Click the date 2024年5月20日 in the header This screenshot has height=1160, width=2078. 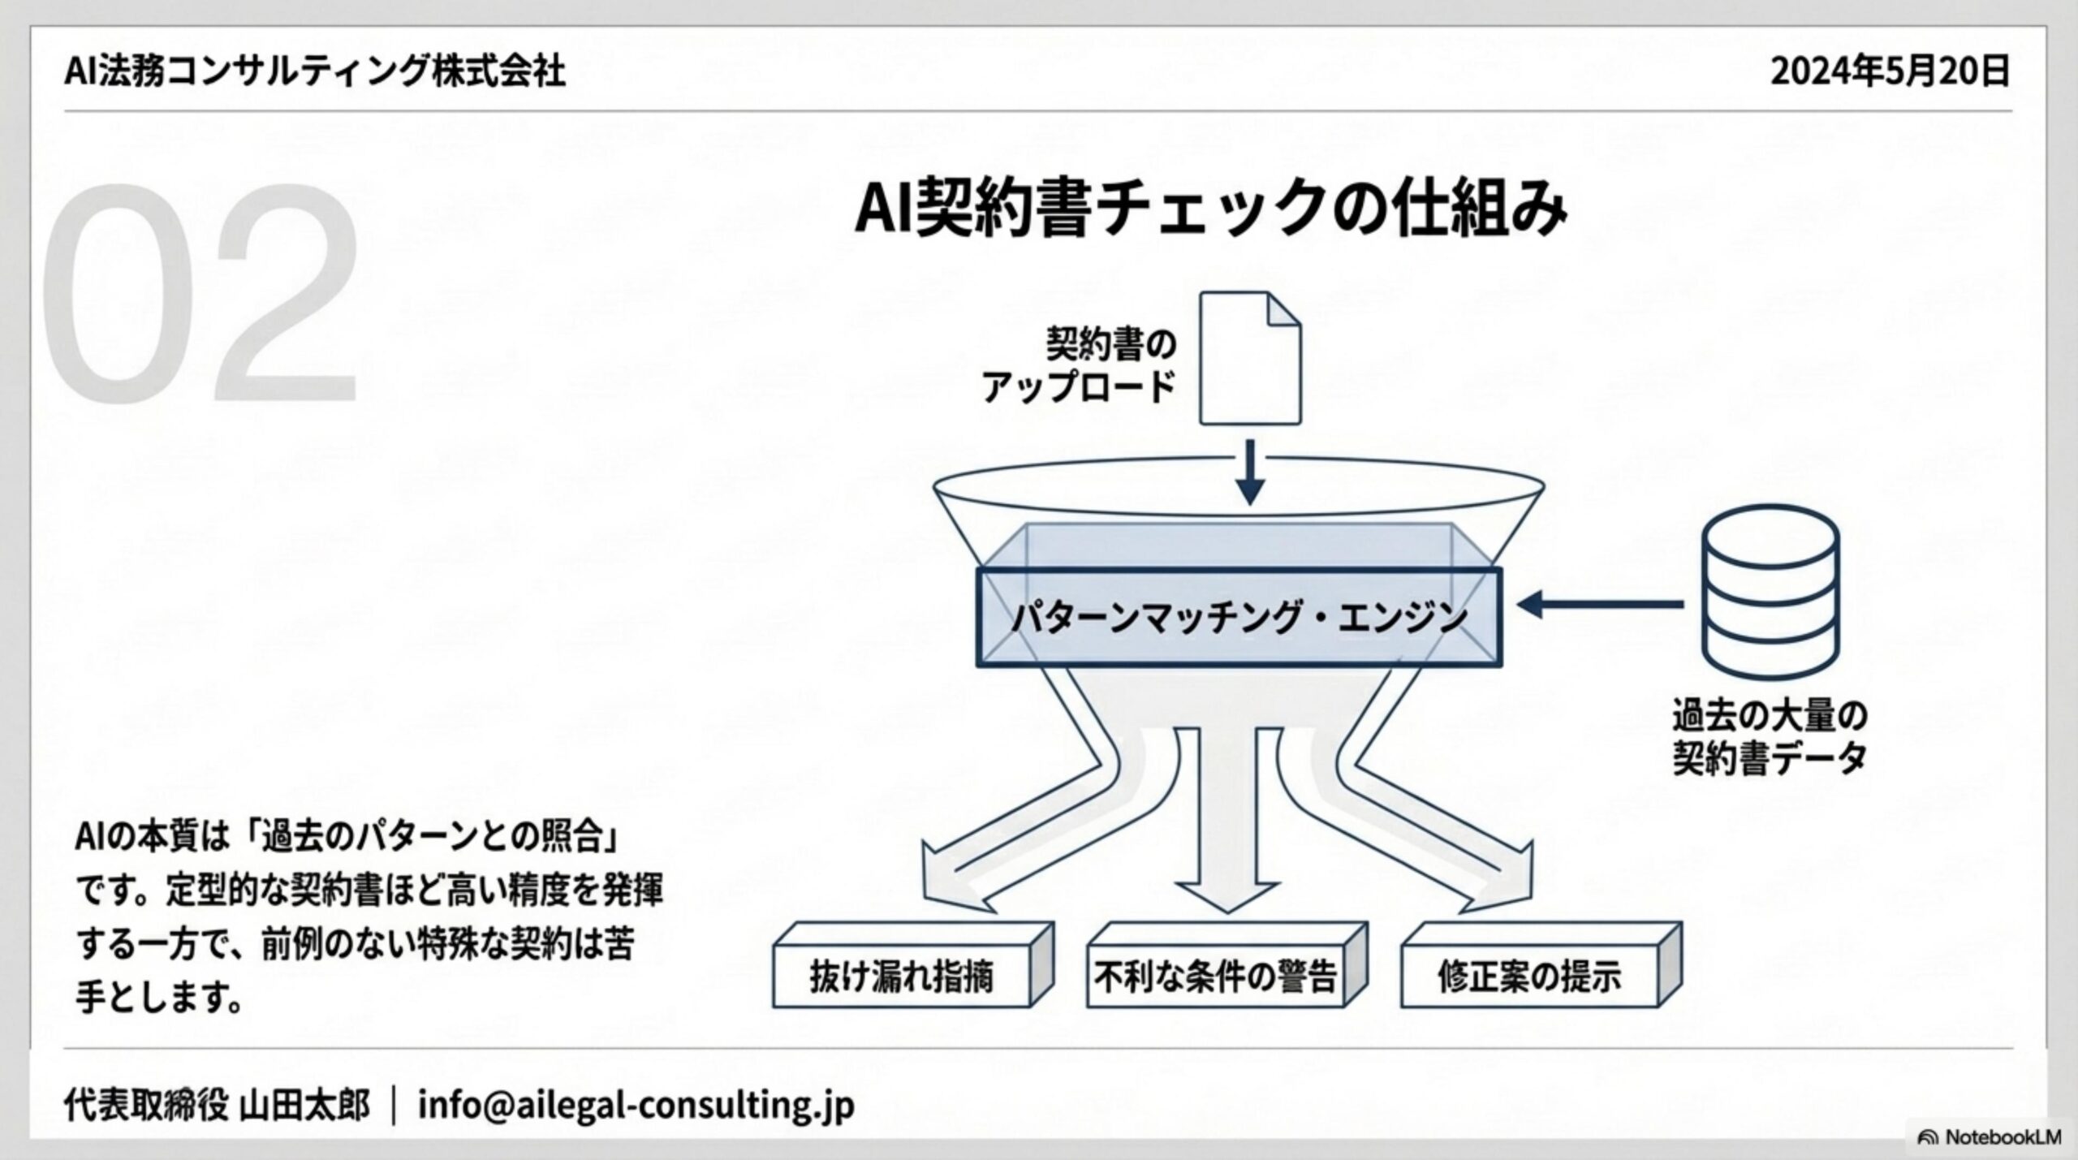click(x=1890, y=71)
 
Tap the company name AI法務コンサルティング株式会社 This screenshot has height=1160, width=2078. click(x=315, y=71)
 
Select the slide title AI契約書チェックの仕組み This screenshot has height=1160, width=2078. click(x=1210, y=209)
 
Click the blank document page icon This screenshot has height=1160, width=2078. click(x=1250, y=359)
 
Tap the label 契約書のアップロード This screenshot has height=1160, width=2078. click(x=1080, y=365)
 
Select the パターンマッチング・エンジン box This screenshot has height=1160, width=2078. click(x=1239, y=618)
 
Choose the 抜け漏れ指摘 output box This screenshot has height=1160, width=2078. click(x=902, y=977)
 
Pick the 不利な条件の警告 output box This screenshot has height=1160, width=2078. click(x=1215, y=977)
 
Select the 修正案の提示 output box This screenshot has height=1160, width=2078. click(x=1529, y=977)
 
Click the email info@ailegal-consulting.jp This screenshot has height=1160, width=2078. click(x=636, y=1106)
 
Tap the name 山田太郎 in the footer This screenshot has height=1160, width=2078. click(x=305, y=1106)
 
